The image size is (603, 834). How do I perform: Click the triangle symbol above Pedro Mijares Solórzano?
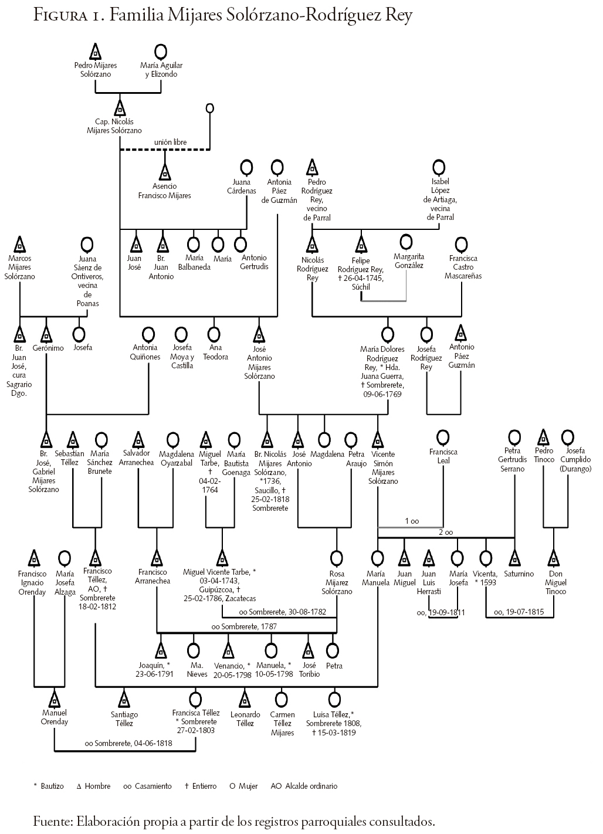click(96, 51)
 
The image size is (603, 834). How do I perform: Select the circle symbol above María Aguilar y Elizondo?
click(161, 51)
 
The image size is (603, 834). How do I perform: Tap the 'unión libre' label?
click(170, 142)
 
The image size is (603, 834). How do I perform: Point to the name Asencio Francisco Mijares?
click(165, 191)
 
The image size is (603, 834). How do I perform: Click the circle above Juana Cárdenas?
click(247, 167)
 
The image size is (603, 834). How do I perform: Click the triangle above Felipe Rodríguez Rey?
click(361, 243)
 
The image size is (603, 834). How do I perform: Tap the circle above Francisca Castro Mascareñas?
click(462, 243)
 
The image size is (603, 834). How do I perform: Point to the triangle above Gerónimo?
click(47, 334)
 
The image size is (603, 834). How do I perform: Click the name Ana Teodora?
click(215, 352)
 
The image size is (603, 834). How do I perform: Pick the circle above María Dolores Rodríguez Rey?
click(387, 335)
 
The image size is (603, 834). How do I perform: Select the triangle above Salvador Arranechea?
click(139, 439)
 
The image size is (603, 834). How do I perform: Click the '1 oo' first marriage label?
click(412, 521)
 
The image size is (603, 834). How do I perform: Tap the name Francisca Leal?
click(443, 456)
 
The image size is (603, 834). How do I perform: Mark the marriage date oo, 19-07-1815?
click(519, 612)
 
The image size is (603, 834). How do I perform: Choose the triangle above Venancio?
click(228, 650)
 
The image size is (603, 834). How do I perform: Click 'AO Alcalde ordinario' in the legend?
click(304, 786)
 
